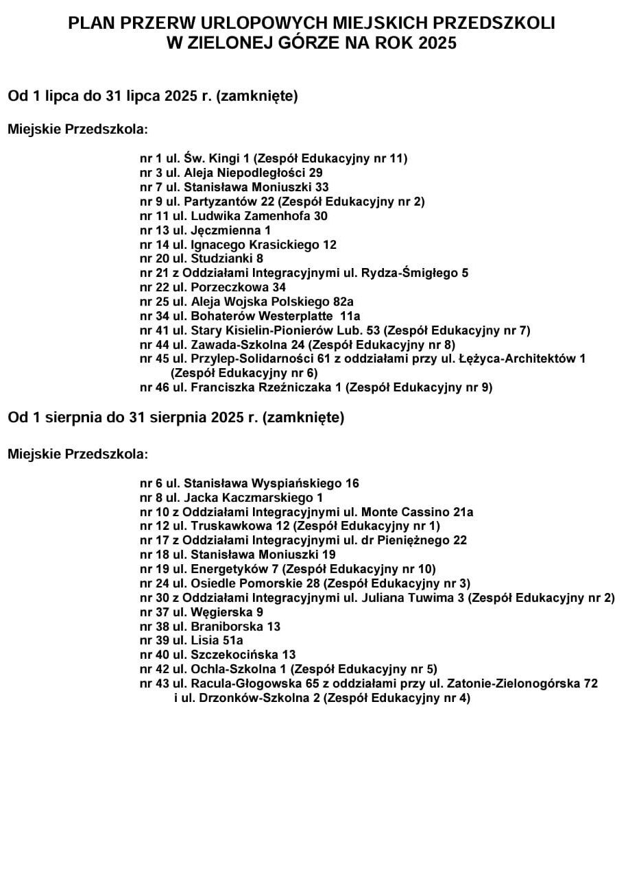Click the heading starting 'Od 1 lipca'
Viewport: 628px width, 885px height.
[x=152, y=96]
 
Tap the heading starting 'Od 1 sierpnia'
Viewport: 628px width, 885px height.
[x=176, y=417]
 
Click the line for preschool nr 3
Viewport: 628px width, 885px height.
[x=231, y=173]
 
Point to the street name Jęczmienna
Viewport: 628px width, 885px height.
[x=223, y=230]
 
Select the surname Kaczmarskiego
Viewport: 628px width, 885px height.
[x=267, y=498]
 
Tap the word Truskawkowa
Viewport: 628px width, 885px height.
[x=230, y=526]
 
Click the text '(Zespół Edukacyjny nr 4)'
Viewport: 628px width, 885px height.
[x=397, y=698]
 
